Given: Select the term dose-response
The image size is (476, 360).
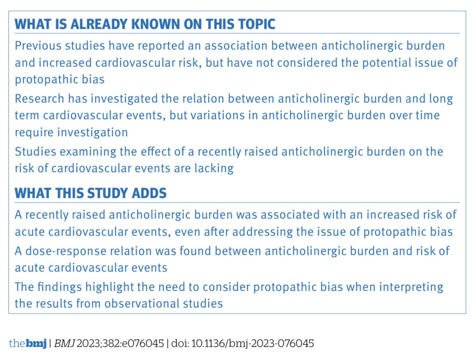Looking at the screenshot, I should pos(64,251).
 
